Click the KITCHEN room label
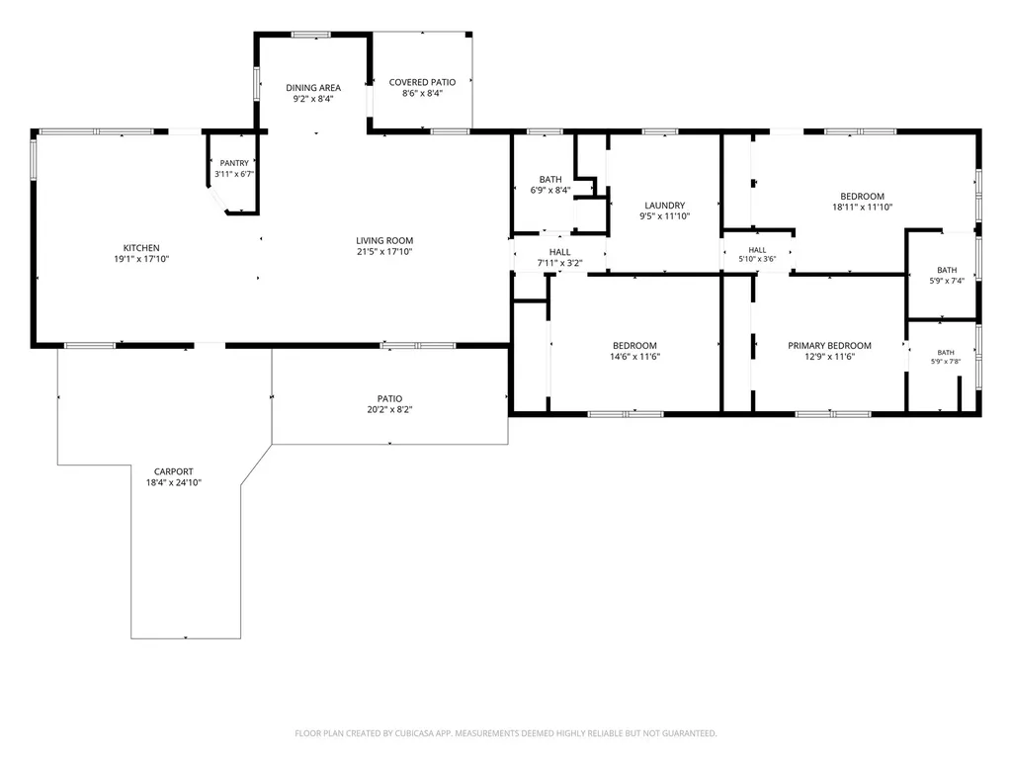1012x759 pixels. tap(141, 248)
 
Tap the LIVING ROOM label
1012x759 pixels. tap(384, 241)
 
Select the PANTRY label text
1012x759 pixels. tap(234, 163)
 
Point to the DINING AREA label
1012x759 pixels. tap(313, 88)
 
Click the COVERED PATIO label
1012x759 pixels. tap(422, 82)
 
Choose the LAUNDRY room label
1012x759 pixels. tap(665, 206)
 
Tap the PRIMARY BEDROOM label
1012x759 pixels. tap(829, 345)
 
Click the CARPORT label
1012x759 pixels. tap(174, 471)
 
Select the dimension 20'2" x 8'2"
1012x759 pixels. tap(389, 409)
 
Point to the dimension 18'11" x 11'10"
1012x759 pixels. tap(862, 208)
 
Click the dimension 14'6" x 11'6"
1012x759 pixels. tap(635, 356)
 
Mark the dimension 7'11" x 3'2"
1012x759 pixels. tap(560, 263)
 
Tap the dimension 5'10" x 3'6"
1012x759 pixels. tap(757, 259)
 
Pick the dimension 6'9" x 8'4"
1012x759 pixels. tap(550, 190)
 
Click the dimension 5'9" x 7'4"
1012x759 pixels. tap(947, 281)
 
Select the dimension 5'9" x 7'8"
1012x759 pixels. tap(946, 362)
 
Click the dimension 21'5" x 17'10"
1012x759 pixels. tap(384, 252)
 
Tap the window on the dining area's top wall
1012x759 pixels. tap(311, 35)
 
